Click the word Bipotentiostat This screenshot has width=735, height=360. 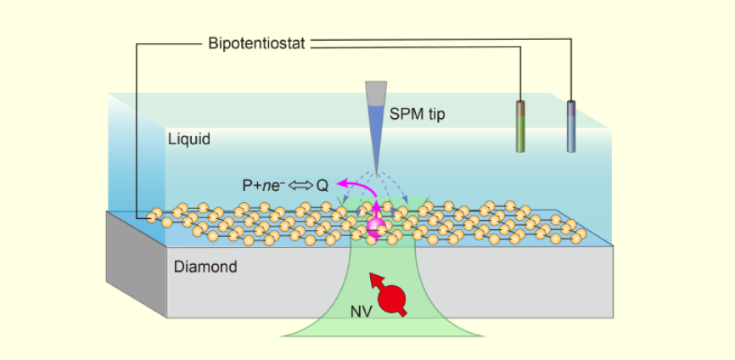pos(256,42)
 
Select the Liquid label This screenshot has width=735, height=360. pos(188,138)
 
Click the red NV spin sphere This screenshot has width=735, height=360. pos(393,298)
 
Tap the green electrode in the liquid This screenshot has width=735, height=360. pos(520,132)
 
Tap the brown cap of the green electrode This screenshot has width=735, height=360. pos(520,107)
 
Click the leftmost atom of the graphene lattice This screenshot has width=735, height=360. pos(153,217)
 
